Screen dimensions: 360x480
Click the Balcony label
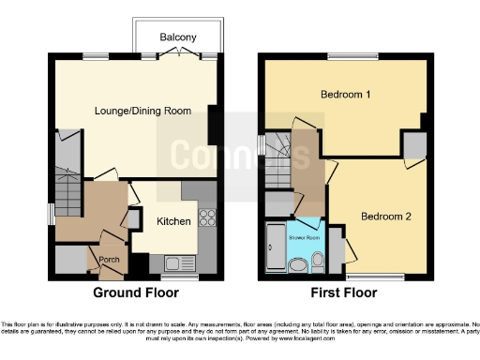tap(178, 37)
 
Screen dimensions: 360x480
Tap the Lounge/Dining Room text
tap(143, 111)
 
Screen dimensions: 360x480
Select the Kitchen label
tap(173, 221)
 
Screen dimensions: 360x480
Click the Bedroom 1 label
tap(346, 95)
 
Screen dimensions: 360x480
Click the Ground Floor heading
tap(137, 292)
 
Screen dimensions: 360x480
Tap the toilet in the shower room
tap(317, 260)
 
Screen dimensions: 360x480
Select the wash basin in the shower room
tap(297, 265)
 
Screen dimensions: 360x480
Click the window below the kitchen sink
tap(172, 277)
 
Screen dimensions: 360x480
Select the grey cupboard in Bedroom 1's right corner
tap(413, 145)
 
